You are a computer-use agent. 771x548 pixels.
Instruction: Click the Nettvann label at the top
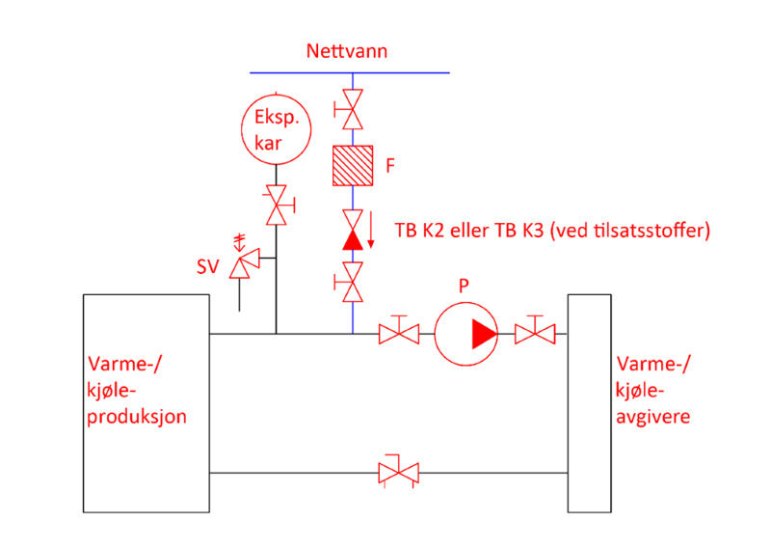pos(347,51)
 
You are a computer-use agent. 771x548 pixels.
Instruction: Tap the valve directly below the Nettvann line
pos(353,111)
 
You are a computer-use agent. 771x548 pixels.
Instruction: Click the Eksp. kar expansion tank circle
pos(277,128)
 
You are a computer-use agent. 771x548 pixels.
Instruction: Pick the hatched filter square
pos(353,166)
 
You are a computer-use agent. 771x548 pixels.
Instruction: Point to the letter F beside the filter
pos(390,167)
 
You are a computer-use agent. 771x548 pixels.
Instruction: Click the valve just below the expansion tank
pos(280,205)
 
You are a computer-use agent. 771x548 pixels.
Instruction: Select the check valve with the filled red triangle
pos(353,231)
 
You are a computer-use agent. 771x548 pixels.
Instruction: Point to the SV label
pos(208,267)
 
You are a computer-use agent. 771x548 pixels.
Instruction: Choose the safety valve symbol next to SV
pos(247,259)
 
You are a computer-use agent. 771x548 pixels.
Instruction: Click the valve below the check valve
pos(353,283)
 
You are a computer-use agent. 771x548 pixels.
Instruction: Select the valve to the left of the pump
pos(399,332)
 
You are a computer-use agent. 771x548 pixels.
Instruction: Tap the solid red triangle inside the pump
pos(483,333)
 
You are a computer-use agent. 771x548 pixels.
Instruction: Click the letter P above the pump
pos(464,286)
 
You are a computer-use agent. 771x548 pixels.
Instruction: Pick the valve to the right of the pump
pos(535,332)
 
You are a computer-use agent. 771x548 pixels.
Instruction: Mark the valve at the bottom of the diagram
pos(399,472)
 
